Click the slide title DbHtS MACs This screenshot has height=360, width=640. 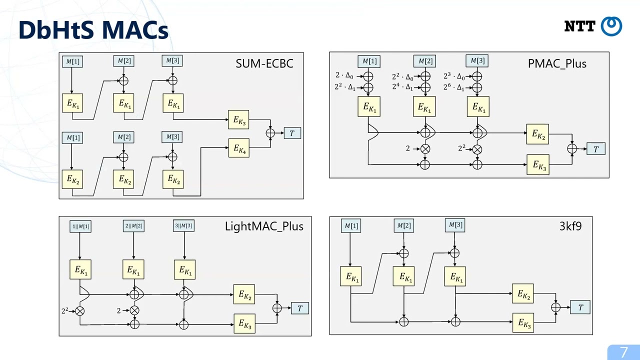[93, 30]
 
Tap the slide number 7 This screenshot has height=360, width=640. [623, 352]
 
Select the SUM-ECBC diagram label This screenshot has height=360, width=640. [264, 63]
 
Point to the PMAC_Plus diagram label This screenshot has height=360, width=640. [557, 63]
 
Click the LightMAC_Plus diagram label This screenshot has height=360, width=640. [264, 226]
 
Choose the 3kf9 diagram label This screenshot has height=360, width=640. [570, 226]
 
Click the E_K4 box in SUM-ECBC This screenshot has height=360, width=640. [238, 148]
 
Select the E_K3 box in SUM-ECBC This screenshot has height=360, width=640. [238, 120]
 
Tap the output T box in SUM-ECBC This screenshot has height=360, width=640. [292, 133]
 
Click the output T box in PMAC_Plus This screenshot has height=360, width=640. [595, 149]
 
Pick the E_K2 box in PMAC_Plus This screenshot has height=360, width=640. [537, 134]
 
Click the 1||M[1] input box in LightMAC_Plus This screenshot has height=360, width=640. [80, 226]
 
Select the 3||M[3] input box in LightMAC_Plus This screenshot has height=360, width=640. [184, 226]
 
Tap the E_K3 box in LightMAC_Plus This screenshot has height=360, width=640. [244, 323]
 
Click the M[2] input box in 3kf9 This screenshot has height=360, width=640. [404, 226]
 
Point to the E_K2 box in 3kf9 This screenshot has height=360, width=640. [522, 294]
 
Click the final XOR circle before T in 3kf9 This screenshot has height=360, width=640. [555, 307]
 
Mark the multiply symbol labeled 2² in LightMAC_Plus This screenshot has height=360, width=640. [79, 311]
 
